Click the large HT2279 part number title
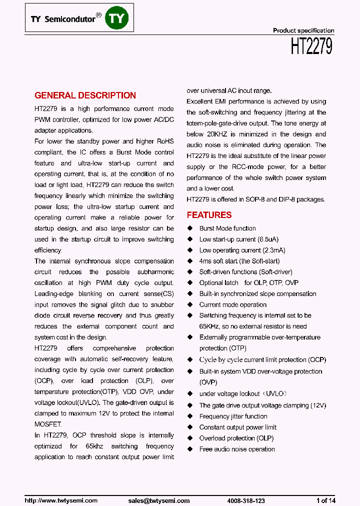pos(311,47)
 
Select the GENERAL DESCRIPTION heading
pos(85,95)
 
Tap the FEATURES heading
pos(209,215)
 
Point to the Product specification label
pos(303,30)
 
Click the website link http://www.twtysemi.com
pos(61,500)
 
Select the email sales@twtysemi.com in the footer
pos(159,500)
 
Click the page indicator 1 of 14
pos(325,500)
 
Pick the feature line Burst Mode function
pos(227,228)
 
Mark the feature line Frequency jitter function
pos(233,416)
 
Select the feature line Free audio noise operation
pos(237,449)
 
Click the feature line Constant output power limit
pos(237,427)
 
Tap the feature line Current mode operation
pos(232,304)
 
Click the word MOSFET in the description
pos(48,424)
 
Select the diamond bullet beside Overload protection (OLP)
pos(190,438)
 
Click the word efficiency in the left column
pos(48,250)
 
